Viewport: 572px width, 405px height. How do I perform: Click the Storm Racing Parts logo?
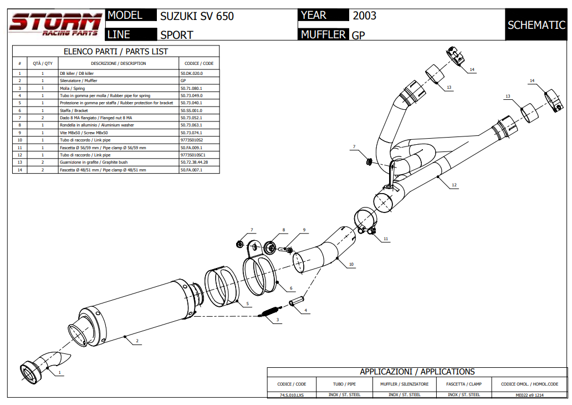pyautogui.click(x=55, y=24)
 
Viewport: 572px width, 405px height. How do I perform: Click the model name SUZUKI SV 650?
pyautogui.click(x=197, y=16)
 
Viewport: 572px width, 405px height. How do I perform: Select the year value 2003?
pyautogui.click(x=365, y=16)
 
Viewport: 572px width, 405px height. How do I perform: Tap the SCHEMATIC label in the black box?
pyautogui.click(x=536, y=25)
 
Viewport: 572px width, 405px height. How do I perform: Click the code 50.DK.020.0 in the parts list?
pyautogui.click(x=192, y=73)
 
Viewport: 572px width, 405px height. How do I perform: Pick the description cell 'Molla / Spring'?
pyautogui.click(x=72, y=88)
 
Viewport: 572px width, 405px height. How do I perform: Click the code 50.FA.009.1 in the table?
pyautogui.click(x=192, y=148)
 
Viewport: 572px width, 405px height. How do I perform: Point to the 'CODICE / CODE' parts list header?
pyautogui.click(x=199, y=63)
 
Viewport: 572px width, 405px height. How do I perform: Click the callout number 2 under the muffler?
pyautogui.click(x=137, y=341)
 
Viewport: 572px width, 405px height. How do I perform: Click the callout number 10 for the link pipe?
pyautogui.click(x=351, y=265)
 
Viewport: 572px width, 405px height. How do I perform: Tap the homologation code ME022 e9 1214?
pyautogui.click(x=529, y=394)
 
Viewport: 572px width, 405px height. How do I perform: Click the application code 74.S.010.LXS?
pyautogui.click(x=292, y=394)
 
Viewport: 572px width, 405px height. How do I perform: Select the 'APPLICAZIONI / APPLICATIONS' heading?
pyautogui.click(x=417, y=372)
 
